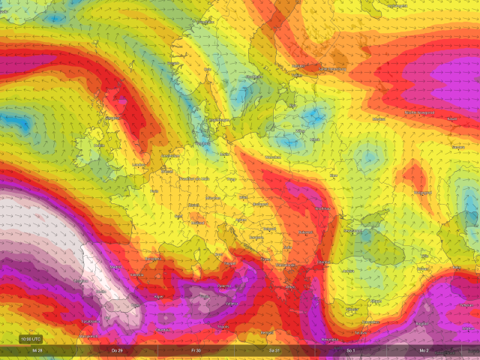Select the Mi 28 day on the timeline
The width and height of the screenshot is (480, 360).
(x=36, y=351)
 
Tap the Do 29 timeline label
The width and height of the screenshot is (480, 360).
(x=116, y=351)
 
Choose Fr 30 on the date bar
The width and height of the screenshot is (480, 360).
(x=196, y=351)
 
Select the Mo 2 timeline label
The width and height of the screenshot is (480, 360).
(x=424, y=351)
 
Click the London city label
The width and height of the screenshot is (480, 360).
(x=139, y=165)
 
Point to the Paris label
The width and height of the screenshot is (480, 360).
(x=155, y=190)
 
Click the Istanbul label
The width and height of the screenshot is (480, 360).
(x=325, y=262)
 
